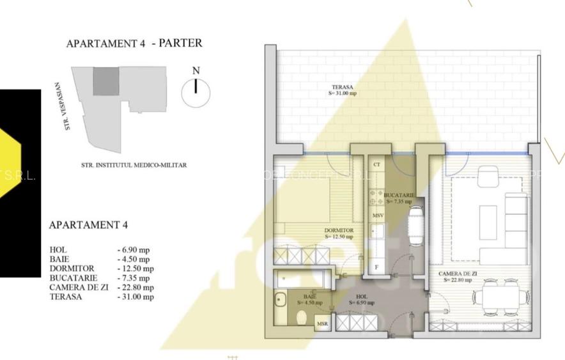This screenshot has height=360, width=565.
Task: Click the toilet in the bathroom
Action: (x=302, y=317)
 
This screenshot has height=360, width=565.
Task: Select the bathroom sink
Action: (x=280, y=300)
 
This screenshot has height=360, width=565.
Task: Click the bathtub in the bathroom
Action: (x=300, y=279)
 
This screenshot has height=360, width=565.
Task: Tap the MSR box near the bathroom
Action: (x=323, y=325)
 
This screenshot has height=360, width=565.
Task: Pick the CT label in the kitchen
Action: (x=377, y=165)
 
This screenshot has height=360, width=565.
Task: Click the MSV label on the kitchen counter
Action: (x=378, y=216)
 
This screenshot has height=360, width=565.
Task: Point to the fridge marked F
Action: (x=377, y=267)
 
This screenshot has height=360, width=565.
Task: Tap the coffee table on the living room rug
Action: (x=489, y=221)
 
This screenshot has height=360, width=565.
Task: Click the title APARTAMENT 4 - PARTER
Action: (x=134, y=43)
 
